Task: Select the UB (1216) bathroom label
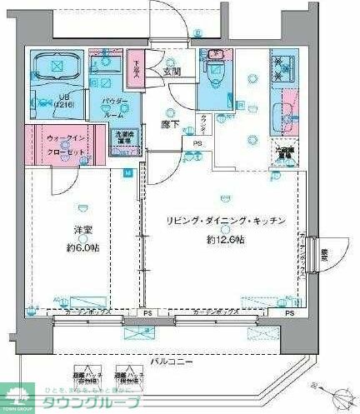tap(42, 99)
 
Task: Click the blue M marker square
tap(127, 173)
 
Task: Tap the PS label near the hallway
tap(197, 143)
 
